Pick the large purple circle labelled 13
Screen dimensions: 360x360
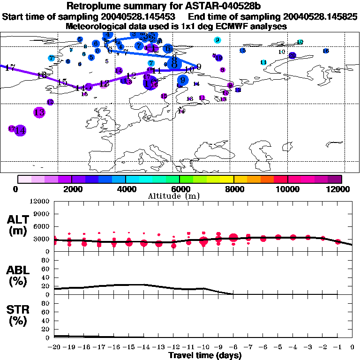coord(39,112)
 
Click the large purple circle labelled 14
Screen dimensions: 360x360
coord(20,130)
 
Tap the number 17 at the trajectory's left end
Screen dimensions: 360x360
coord(10,68)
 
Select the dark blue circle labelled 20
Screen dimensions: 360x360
coord(292,55)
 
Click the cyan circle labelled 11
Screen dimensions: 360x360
coord(263,62)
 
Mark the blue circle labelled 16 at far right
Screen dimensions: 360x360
coord(326,51)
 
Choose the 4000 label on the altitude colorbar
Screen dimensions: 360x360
coord(125,189)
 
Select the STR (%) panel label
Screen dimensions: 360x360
coord(18,315)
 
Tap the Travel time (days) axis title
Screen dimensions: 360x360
coord(205,355)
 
